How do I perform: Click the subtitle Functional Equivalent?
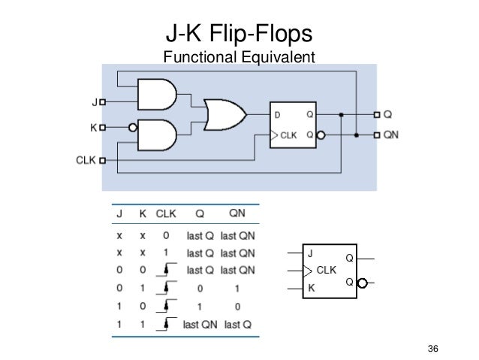tap(238, 57)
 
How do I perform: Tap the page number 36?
tap(432, 348)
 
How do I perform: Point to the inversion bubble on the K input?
tap(133, 128)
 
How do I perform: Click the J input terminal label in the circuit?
tap(95, 101)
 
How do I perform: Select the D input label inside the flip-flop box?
tap(278, 115)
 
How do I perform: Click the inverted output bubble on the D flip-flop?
tap(321, 136)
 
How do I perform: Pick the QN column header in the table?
tap(237, 213)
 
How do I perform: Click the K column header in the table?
tap(142, 213)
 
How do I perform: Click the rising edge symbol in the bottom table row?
tap(166, 324)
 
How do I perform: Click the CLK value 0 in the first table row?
tap(167, 234)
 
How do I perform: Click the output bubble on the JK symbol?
tap(363, 283)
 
